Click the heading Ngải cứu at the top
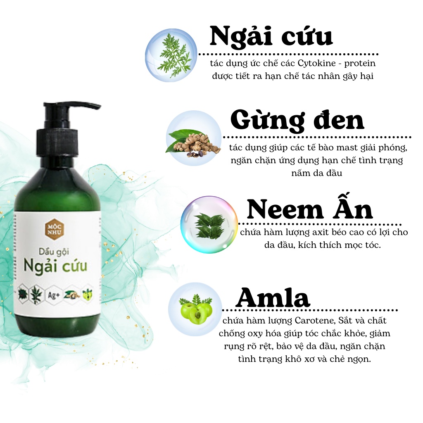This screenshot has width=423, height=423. pos(271,36)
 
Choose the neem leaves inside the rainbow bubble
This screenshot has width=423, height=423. pos(209,226)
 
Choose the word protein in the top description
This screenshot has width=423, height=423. pos(360,64)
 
